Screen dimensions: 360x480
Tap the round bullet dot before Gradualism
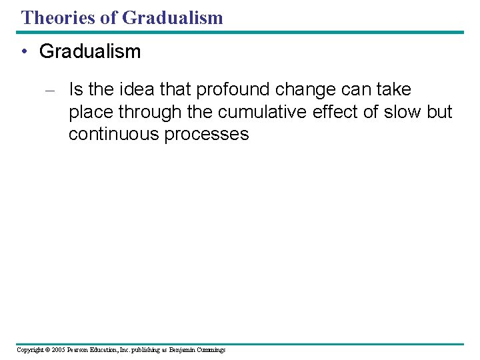point(23,52)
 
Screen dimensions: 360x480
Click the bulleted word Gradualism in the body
point(90,52)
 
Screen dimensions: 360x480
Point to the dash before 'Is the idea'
point(51,90)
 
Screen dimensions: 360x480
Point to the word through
point(151,112)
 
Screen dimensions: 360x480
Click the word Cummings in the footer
point(213,350)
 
